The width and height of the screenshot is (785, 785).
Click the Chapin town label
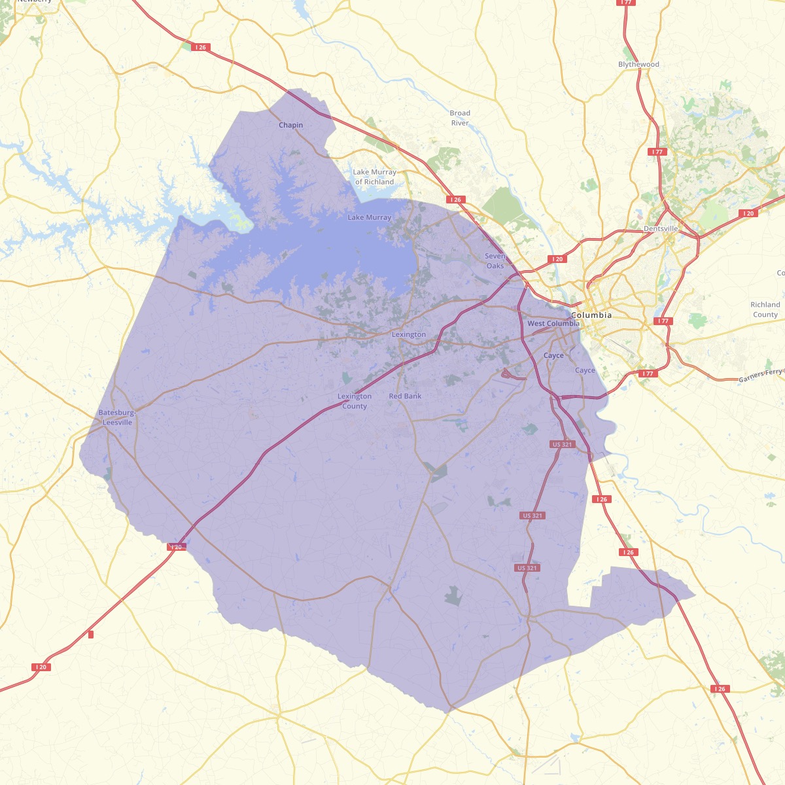tap(290, 125)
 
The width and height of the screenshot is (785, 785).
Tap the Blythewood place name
tap(638, 64)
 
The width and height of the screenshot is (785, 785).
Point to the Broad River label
tap(460, 118)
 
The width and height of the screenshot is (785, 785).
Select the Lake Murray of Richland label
tap(374, 177)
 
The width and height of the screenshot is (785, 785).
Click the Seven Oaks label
tap(495, 261)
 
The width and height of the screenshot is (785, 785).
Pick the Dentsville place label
tap(661, 228)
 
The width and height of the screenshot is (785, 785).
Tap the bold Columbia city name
tap(591, 315)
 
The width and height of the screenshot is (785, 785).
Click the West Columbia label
tap(553, 324)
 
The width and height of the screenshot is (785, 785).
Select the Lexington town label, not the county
tap(408, 334)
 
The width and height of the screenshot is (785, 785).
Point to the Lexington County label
tap(355, 401)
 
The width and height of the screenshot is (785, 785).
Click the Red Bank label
tap(405, 396)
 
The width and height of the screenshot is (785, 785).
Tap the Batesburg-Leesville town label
tap(117, 417)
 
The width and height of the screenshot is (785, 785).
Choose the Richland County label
tap(765, 309)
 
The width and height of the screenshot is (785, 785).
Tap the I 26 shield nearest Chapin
tap(200, 47)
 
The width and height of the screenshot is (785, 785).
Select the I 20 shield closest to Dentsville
tap(748, 214)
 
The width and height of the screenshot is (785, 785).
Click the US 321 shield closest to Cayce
tap(562, 444)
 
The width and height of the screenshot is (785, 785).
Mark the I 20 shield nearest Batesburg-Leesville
tap(176, 546)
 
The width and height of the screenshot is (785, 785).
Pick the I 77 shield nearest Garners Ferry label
tap(647, 374)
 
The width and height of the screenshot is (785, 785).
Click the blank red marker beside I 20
tap(90, 634)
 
